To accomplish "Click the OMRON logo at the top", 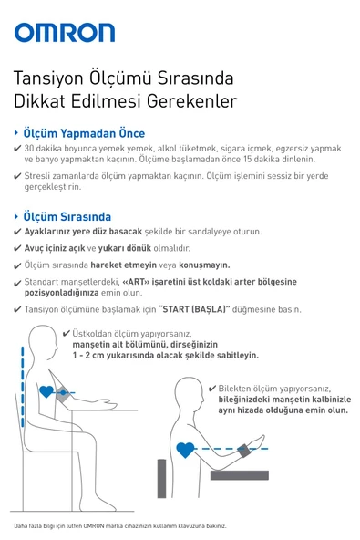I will coord(64,34).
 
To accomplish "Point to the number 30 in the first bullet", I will coord(29,148).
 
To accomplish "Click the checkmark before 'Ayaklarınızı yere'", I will coord(17,232).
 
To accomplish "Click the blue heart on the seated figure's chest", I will coord(46,391).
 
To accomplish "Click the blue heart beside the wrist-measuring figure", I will coord(185,450).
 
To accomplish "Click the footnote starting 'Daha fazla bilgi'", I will coord(118,526).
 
